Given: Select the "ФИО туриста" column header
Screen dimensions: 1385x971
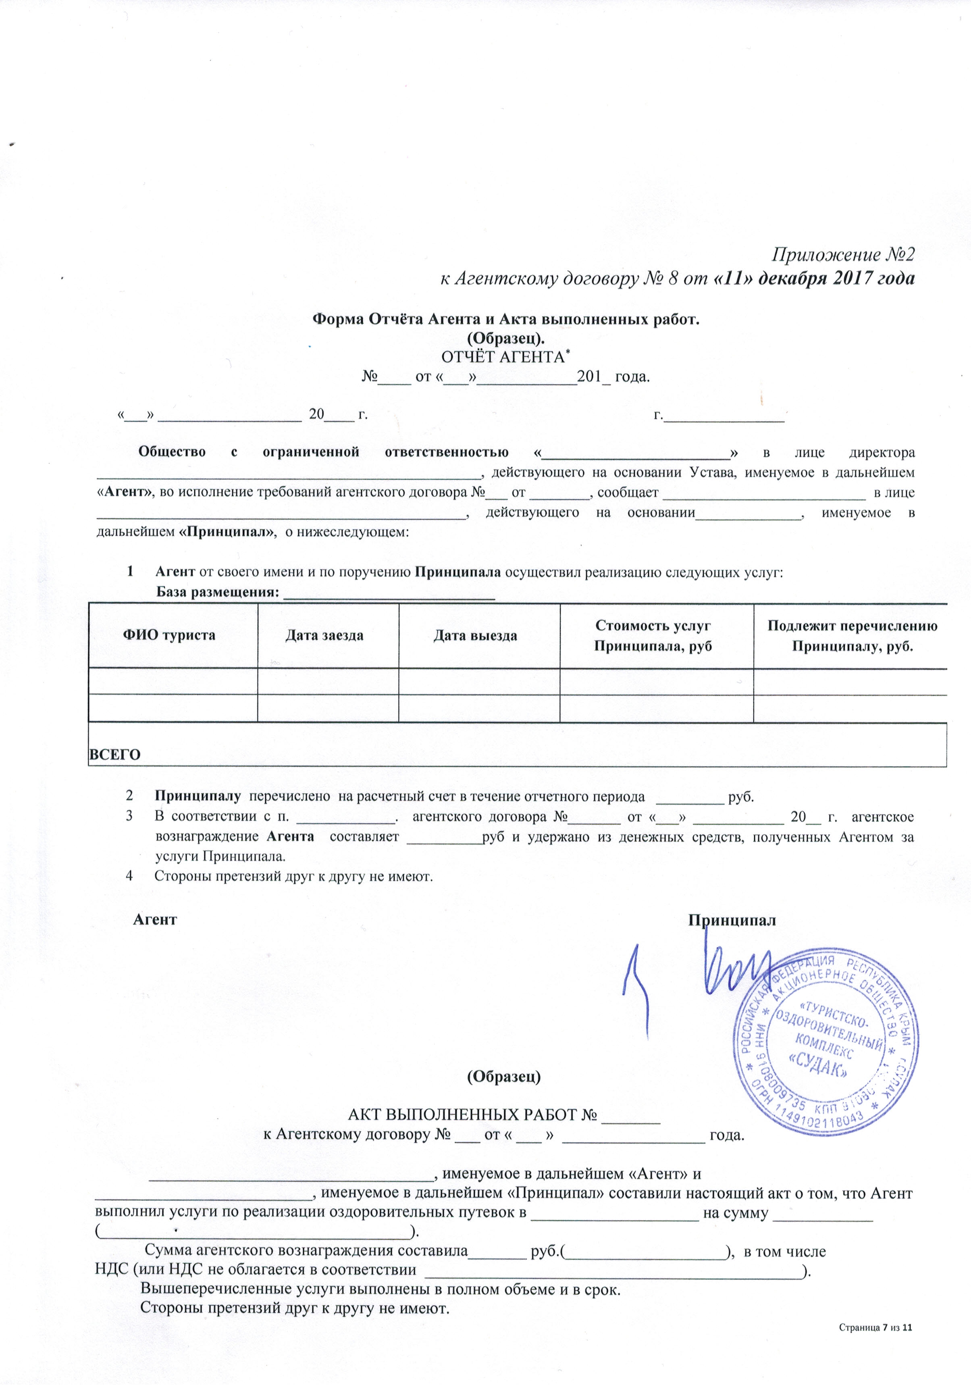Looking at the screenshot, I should coord(169,635).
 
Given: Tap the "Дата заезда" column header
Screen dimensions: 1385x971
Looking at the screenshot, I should coord(324,636).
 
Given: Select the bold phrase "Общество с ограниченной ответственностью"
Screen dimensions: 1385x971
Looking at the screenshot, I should coord(323,452).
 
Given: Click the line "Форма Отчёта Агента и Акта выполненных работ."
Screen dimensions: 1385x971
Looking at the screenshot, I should coord(505,320).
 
